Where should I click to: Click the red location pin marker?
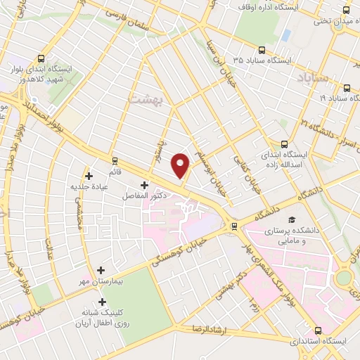coord(181,165)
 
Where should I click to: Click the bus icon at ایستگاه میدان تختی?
coord(346,9)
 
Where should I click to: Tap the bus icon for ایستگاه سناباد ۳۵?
coord(262,50)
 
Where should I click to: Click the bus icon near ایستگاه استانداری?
coord(319,330)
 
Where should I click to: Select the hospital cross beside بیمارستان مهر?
coord(101,270)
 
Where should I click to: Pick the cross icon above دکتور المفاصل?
coord(144,186)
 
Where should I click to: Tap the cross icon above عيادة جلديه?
coord(89,176)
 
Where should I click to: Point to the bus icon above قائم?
coord(115,160)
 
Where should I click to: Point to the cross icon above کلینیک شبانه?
coord(103,302)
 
